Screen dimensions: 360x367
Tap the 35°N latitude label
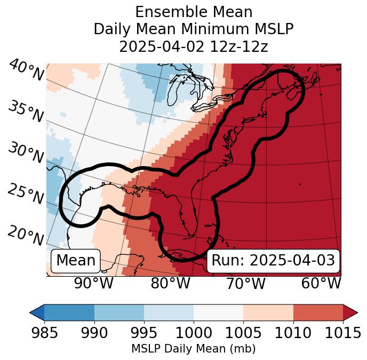pyautogui.click(x=26, y=111)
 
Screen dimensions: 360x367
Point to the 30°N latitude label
pyautogui.click(x=26, y=153)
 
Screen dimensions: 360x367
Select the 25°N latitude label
pyautogui.click(x=26, y=194)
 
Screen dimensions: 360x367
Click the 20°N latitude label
pyautogui.click(x=26, y=235)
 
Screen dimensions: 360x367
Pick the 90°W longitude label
pyautogui.click(x=93, y=284)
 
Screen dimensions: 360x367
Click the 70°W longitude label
pyautogui.click(x=246, y=284)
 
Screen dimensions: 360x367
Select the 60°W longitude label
pyautogui.click(x=321, y=284)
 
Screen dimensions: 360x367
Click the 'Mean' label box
pyautogui.click(x=76, y=261)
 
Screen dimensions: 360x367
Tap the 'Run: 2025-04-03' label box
pyautogui.click(x=273, y=261)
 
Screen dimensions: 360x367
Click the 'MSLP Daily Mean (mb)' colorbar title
pyautogui.click(x=194, y=349)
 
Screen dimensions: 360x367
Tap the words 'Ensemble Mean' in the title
pyautogui.click(x=194, y=12)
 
